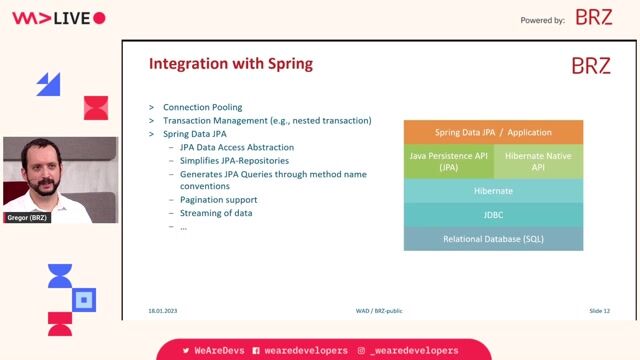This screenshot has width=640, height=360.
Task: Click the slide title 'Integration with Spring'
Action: (x=230, y=64)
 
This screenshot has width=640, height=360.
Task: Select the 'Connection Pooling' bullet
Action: (x=202, y=107)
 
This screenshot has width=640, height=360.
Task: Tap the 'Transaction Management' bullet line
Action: (x=267, y=120)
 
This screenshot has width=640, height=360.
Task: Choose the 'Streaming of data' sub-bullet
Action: (x=216, y=213)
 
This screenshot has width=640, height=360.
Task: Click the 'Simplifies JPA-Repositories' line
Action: (x=234, y=160)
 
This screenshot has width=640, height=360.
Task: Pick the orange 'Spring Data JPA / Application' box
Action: (x=493, y=132)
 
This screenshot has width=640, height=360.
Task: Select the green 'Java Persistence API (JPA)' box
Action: (x=448, y=161)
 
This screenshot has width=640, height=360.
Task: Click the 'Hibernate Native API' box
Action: (x=538, y=161)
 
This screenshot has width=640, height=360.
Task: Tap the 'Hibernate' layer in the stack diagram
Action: (x=493, y=190)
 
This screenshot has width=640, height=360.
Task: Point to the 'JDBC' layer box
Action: (x=493, y=214)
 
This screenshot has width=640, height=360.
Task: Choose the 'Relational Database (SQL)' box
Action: (x=493, y=239)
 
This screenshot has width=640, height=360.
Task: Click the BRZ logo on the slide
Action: (x=590, y=66)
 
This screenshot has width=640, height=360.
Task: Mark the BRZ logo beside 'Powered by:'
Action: (x=594, y=18)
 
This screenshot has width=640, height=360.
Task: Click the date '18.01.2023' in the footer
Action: (x=163, y=311)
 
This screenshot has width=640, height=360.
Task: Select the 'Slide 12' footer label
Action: (x=599, y=311)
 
